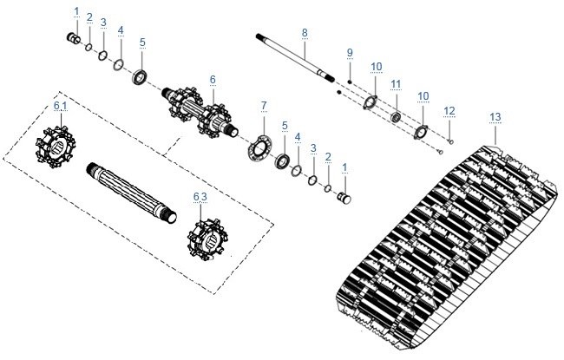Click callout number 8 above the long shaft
coord(305,33)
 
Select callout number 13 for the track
coord(495,117)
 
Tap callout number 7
coord(264,106)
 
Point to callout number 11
coord(396,84)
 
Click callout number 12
coord(449,111)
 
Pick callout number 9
coord(350,53)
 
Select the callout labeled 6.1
coord(61,106)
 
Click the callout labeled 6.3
coord(200,197)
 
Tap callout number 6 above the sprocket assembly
coord(213,80)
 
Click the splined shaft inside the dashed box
coord(132,193)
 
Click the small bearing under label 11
coord(396,117)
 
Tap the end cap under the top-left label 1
coord(74,38)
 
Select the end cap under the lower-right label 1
coord(344,198)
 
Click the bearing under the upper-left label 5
coord(140,77)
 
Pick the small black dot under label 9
coord(350,82)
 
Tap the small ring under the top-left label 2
coord(89,47)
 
